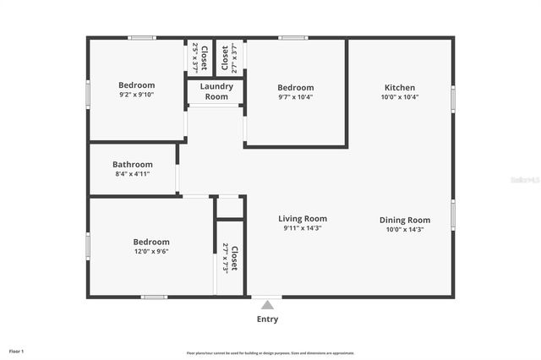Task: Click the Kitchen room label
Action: [x=400, y=88]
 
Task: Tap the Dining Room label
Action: [x=404, y=220]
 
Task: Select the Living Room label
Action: [x=303, y=219]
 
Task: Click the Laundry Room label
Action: [x=216, y=91]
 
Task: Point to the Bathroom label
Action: [x=133, y=165]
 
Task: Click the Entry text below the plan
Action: [x=267, y=319]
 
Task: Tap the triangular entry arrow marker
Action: [x=267, y=304]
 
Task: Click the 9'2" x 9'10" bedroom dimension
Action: [x=136, y=95]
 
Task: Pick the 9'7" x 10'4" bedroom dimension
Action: [x=296, y=97]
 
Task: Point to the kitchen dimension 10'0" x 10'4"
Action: [x=400, y=97]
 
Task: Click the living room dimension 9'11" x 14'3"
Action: [x=303, y=228]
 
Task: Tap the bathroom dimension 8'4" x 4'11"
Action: [x=133, y=174]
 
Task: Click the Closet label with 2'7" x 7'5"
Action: [x=233, y=257]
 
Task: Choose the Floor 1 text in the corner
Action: [x=16, y=351]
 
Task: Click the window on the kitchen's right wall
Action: [x=453, y=99]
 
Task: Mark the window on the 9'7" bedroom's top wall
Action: [x=293, y=37]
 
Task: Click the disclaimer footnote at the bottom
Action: [x=270, y=353]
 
